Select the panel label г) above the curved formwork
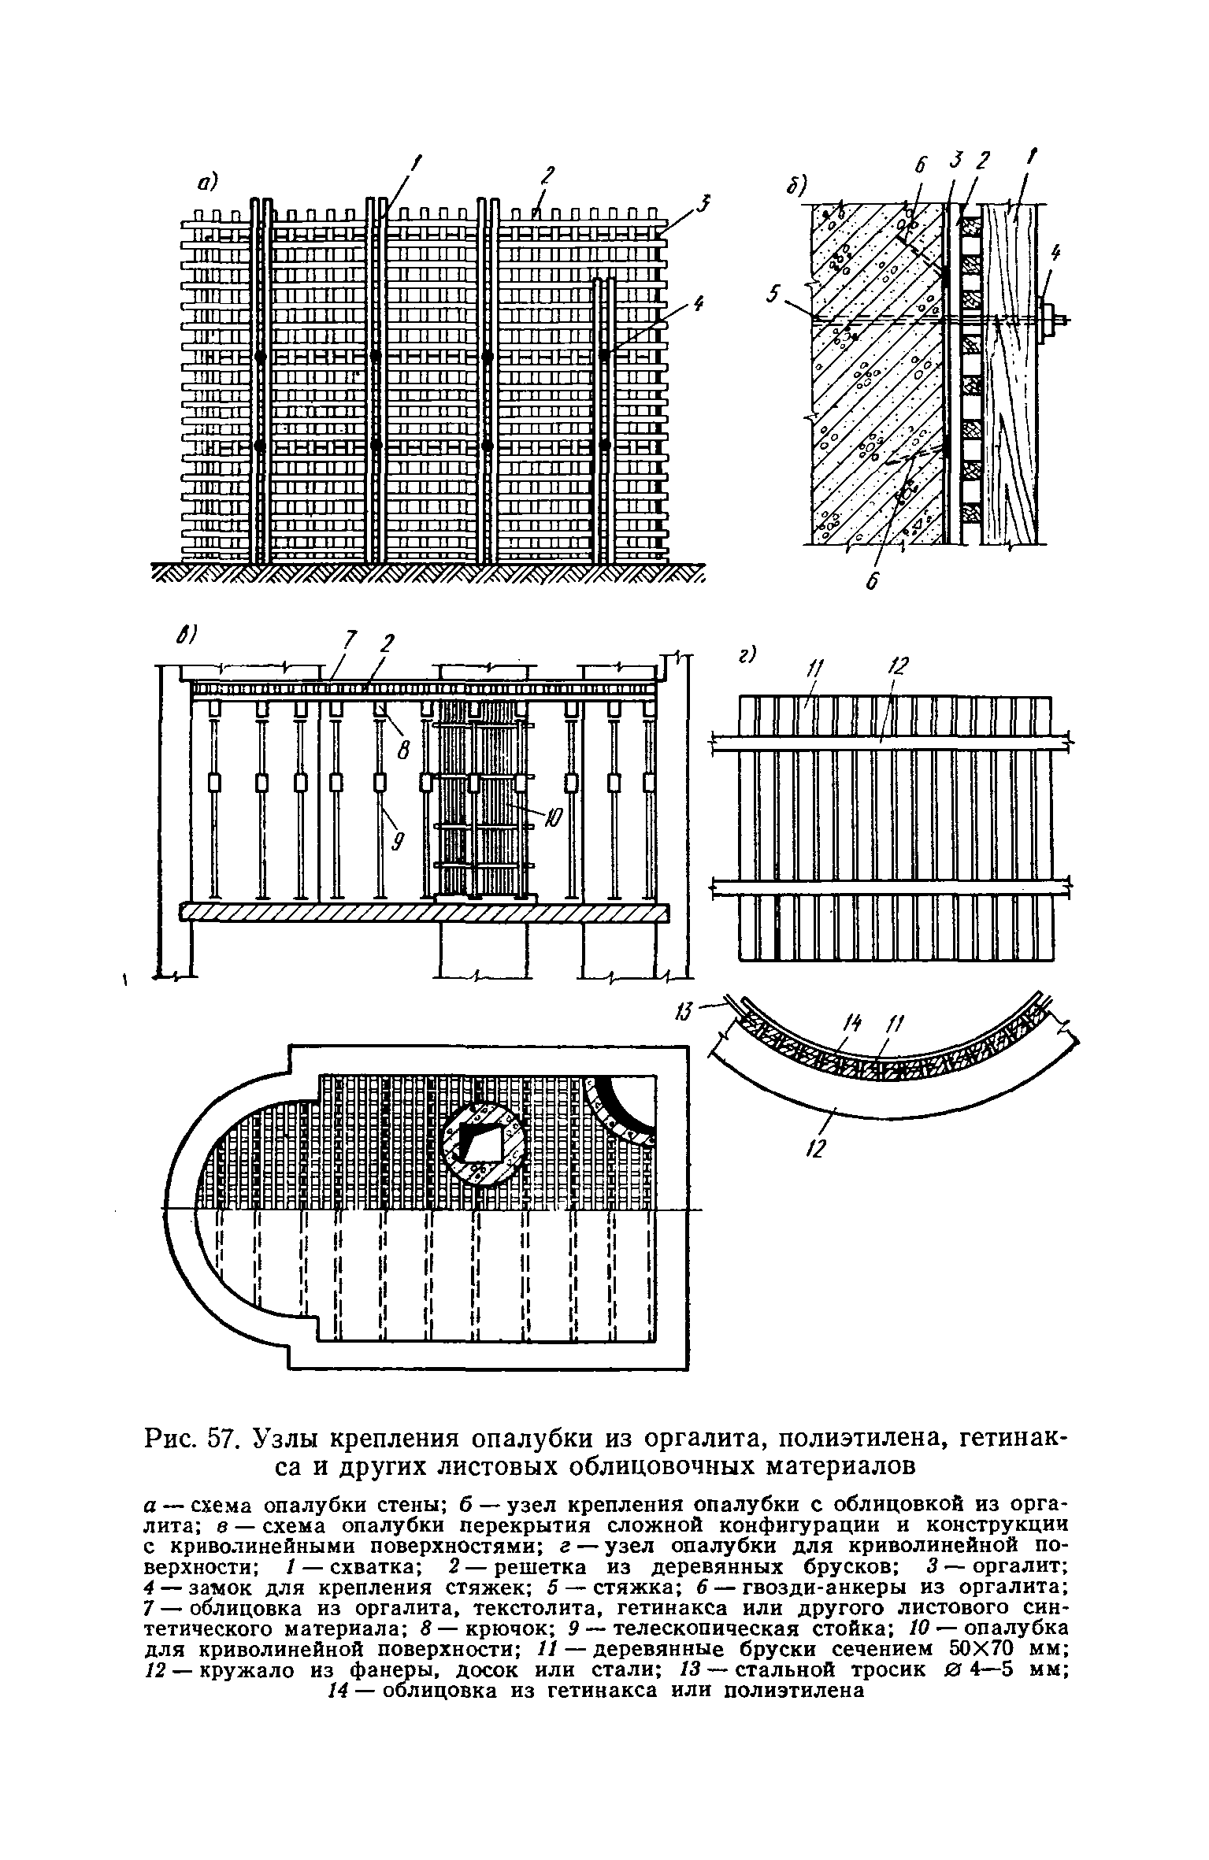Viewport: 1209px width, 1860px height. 745,654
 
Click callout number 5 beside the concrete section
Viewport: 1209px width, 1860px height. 774,295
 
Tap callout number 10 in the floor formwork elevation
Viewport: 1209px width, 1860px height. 553,819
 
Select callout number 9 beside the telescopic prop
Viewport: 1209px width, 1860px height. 397,843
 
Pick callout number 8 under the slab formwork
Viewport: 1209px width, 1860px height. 403,752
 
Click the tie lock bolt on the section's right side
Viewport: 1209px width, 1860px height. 1051,320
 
